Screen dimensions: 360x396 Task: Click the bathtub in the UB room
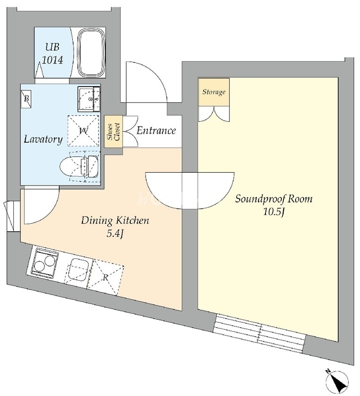91,53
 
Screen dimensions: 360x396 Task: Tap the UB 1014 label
52,53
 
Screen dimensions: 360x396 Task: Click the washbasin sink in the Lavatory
89,99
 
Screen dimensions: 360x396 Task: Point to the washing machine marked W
83,131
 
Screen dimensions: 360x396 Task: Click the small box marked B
26,99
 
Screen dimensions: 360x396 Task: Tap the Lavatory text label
43,139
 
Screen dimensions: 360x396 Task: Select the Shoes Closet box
113,131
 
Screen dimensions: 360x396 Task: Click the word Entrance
156,131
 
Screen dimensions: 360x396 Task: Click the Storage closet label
214,92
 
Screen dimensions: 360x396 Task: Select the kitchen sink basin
79,270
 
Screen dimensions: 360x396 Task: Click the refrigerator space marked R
105,277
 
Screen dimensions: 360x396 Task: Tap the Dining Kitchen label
115,220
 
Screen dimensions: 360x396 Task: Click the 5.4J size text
115,234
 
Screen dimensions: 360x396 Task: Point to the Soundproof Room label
274,199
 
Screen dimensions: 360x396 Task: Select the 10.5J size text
274,212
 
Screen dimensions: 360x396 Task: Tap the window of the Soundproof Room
259,333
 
